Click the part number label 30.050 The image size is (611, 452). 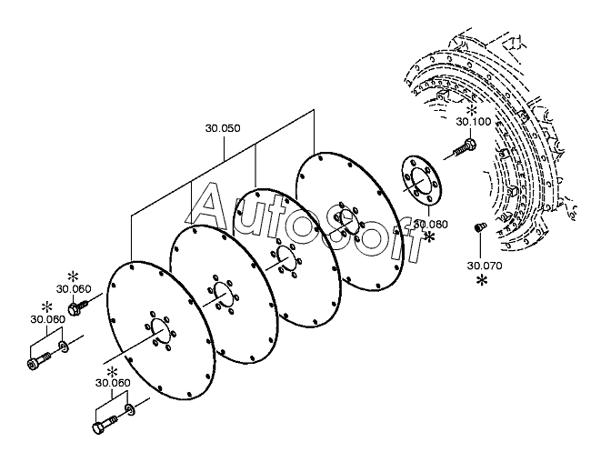[223, 128]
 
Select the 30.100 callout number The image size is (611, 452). [473, 121]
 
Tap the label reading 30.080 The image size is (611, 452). [431, 223]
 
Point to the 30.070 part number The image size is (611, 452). [484, 266]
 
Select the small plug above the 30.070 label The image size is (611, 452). [481, 226]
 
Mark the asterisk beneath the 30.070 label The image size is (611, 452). [482, 281]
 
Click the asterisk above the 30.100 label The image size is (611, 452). [472, 108]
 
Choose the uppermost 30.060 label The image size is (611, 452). [74, 289]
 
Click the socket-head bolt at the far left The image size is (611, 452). [36, 362]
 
